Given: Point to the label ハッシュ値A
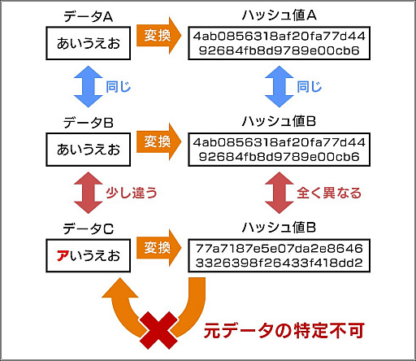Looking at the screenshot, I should coord(279,16).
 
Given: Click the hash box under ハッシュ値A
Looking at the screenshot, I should coord(279,44).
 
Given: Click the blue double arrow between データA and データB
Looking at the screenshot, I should coord(84,84).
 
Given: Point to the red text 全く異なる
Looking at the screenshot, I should coord(328,193).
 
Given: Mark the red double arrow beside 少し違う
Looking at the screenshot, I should coord(84,193).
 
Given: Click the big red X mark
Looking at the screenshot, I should coord(158,327).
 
